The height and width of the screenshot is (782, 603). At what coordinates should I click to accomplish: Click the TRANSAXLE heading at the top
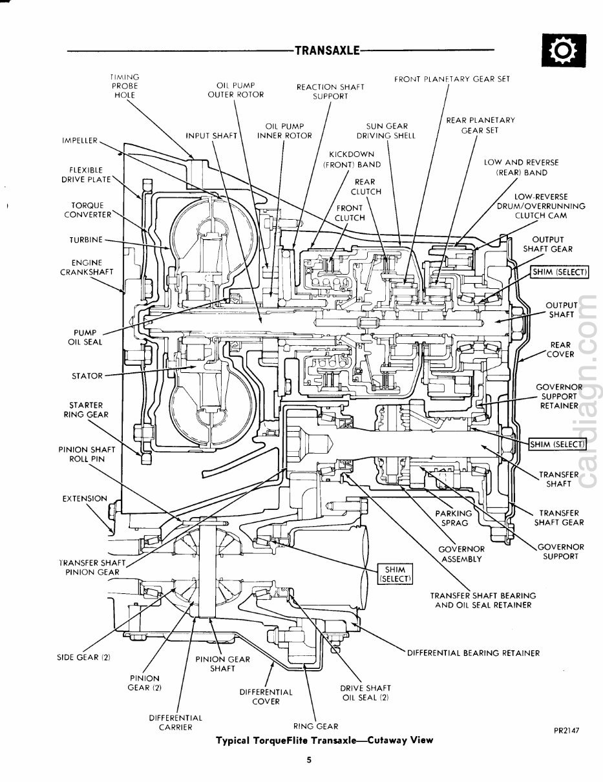click(326, 50)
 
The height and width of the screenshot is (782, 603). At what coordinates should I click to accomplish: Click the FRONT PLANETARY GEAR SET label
click(452, 79)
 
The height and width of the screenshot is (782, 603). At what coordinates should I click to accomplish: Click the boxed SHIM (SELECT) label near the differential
click(394, 573)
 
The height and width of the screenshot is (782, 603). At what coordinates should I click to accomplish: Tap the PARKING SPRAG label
click(453, 518)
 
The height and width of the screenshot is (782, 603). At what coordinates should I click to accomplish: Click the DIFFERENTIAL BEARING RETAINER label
click(473, 653)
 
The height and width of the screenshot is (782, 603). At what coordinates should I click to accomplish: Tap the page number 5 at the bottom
click(310, 761)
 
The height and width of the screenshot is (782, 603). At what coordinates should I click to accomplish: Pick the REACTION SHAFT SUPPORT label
click(330, 91)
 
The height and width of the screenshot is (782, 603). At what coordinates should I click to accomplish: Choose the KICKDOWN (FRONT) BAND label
click(352, 160)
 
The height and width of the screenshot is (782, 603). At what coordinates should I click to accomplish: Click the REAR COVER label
click(560, 350)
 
